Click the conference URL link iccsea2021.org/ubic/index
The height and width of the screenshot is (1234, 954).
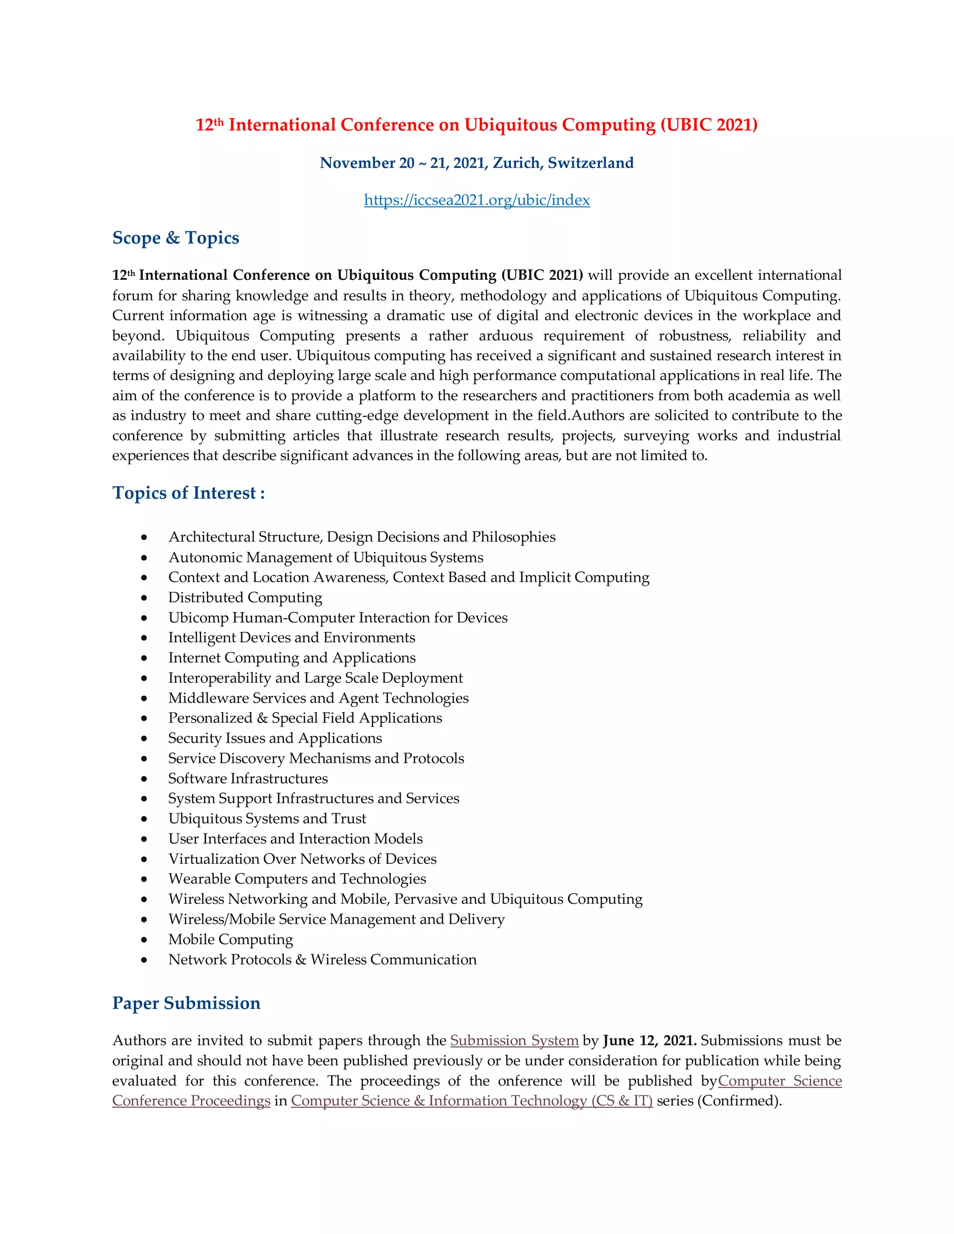coord(477,200)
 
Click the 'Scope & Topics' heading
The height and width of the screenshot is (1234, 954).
coord(176,238)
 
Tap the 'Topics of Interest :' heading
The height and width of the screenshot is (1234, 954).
coord(188,493)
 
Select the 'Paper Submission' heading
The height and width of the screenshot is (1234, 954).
coord(186,1003)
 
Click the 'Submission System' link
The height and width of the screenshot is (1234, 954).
coord(514,1040)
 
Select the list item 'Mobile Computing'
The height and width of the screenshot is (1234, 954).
coord(231,939)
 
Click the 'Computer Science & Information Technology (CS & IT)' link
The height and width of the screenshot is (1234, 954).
coord(471,1101)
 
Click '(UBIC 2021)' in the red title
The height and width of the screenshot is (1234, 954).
coord(709,125)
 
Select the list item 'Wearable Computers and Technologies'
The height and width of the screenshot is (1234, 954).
coord(297,879)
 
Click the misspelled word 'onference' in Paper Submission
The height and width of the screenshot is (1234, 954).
coord(530,1081)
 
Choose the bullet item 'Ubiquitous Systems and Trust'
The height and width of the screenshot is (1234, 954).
coord(267,818)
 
